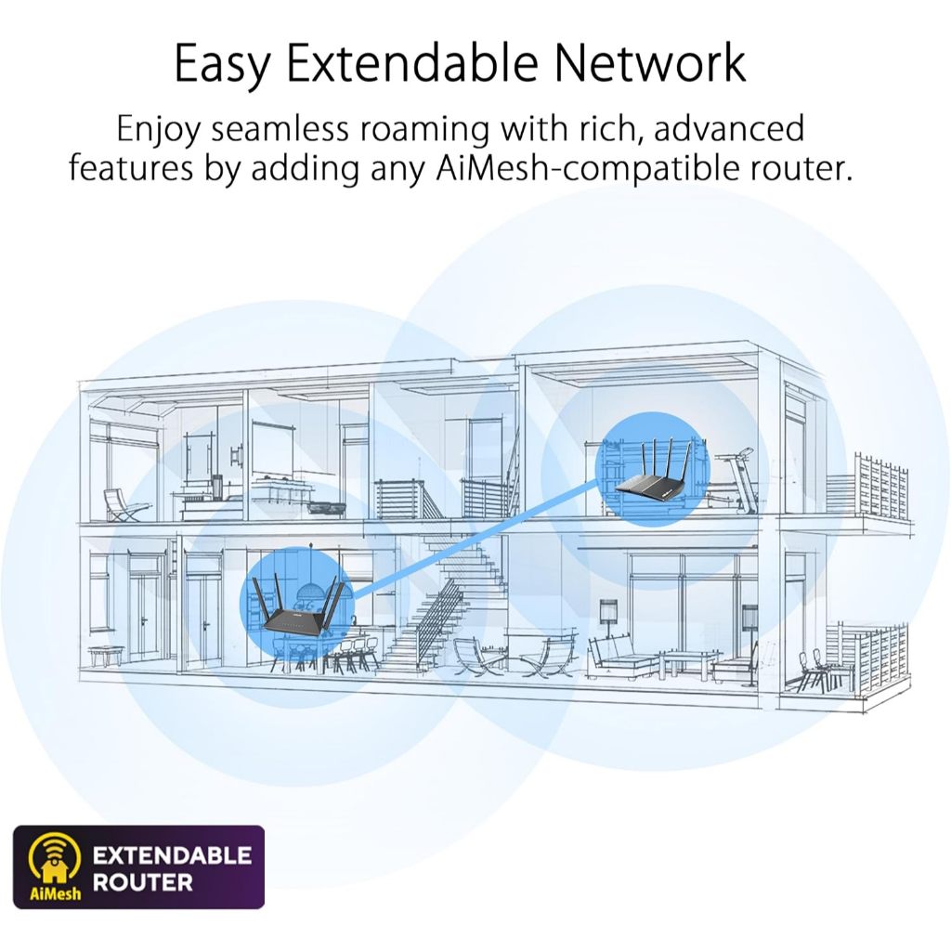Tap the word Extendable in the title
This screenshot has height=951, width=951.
pos(412,62)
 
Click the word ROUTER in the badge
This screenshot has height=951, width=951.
pos(142,882)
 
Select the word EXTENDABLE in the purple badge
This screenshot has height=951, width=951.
pos(172,855)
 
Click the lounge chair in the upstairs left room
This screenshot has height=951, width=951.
pos(124,506)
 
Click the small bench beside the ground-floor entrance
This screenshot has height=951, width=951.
pos(106,656)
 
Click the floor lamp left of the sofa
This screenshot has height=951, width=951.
pos(608,631)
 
